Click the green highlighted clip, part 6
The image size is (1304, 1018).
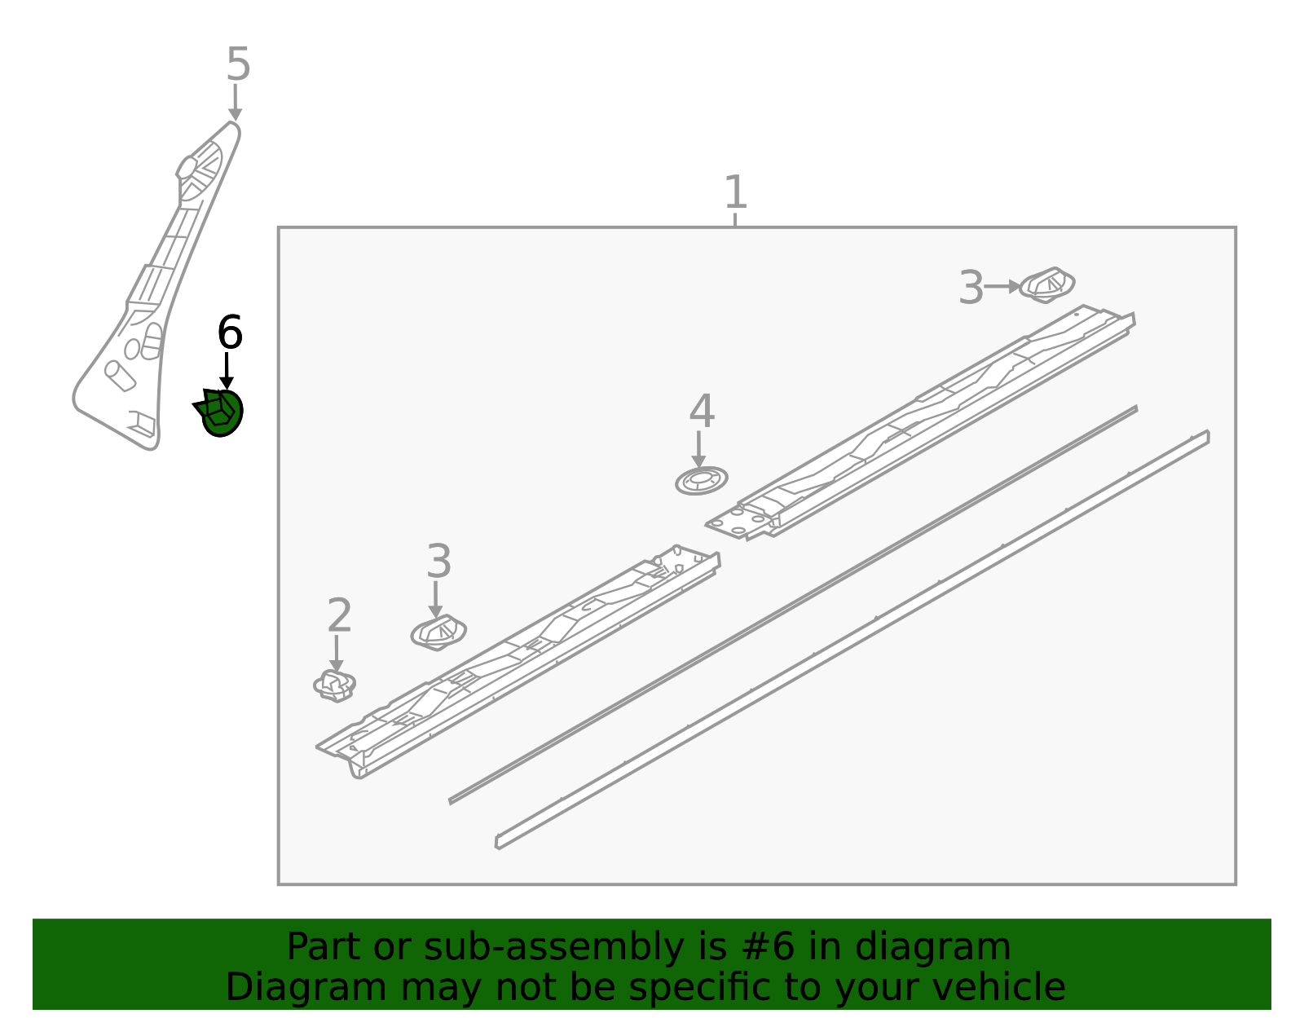[x=221, y=412]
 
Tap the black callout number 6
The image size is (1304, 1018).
[x=230, y=333]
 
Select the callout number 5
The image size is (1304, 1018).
[x=238, y=64]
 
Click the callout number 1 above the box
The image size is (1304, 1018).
[x=735, y=194]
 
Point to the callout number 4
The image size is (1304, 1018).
[x=702, y=412]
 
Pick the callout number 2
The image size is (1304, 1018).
[x=339, y=616]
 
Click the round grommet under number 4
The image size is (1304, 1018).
[x=701, y=481]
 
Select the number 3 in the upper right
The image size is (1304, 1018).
[x=971, y=289]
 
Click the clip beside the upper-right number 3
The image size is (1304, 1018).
[x=1047, y=285]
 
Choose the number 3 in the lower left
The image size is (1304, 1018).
[x=438, y=562]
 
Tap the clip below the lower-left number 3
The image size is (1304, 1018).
[x=438, y=632]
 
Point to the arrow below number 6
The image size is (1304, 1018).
[x=227, y=370]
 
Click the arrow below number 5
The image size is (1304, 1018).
[x=236, y=103]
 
